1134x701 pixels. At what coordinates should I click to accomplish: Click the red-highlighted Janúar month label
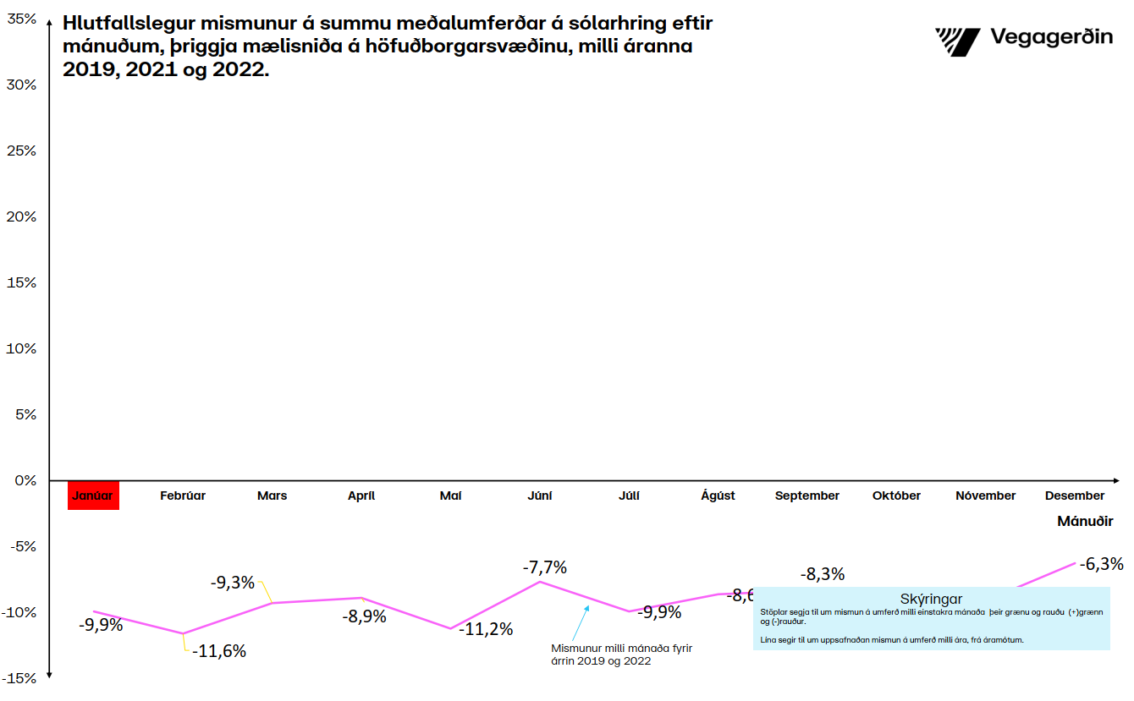coord(93,496)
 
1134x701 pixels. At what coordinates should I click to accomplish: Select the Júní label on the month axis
coord(540,496)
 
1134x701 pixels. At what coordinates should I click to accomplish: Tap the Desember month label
coord(1075,496)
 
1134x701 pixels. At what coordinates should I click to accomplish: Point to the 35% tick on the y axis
coord(22,19)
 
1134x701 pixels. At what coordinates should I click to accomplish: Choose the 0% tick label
coord(26,480)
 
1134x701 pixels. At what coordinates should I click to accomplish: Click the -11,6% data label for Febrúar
coord(218,651)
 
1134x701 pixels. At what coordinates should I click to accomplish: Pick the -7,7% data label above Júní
coord(544,567)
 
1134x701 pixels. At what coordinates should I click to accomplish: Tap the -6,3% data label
coord(1101,564)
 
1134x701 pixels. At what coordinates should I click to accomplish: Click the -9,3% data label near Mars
coord(232,582)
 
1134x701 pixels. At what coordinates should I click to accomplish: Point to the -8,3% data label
coord(823,574)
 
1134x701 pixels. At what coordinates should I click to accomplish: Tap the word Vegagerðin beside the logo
coord(1051,38)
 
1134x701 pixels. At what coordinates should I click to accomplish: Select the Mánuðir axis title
coord(1085,522)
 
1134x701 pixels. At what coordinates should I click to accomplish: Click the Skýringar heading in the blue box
coord(931,600)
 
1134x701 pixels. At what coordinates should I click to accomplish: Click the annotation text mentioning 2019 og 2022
coord(621,654)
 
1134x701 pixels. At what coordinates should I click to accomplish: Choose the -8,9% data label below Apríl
coord(364,616)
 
